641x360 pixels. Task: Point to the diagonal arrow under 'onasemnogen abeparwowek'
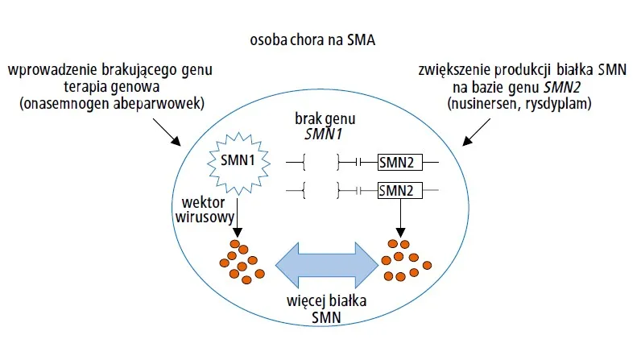[172, 130]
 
